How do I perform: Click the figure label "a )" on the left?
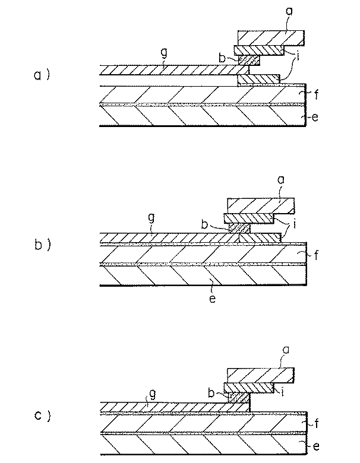42,75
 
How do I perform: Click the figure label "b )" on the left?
42,245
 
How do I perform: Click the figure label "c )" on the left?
42,416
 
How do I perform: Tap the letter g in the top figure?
164,53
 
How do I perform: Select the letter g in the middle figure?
151,219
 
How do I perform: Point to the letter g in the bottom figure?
153,395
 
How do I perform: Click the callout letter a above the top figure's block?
289,11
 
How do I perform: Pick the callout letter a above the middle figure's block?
281,179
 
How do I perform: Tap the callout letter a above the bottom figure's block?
286,350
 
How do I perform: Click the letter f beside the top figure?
316,94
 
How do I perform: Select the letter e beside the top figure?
315,117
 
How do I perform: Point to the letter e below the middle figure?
212,299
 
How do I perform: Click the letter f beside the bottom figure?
316,424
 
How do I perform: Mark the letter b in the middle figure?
204,224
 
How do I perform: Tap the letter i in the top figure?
298,56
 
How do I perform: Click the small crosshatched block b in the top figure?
249,60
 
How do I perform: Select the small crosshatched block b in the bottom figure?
239,398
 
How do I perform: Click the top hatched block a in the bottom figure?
260,375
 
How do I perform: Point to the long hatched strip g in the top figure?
174,69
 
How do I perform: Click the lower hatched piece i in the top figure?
258,79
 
